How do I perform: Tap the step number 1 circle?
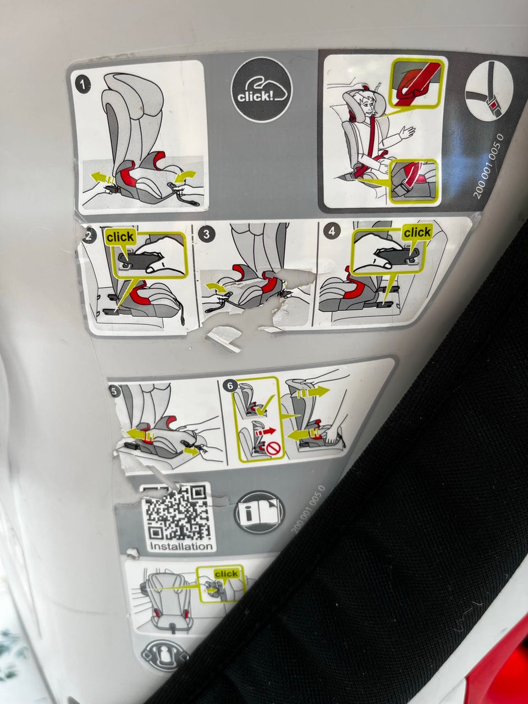coord(82,85)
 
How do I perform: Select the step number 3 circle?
coord(206,234)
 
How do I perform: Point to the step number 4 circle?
coord(332,231)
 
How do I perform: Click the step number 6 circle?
coord(230,386)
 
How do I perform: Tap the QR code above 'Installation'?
coord(176,514)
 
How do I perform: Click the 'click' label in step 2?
coord(120,238)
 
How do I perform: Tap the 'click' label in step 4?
coord(417,232)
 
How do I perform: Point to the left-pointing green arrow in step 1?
coord(102,177)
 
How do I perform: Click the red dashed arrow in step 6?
coord(266,432)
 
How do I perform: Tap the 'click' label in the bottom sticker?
coord(227,574)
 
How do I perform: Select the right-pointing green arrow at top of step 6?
coord(313,393)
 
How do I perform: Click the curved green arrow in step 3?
coord(216,287)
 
